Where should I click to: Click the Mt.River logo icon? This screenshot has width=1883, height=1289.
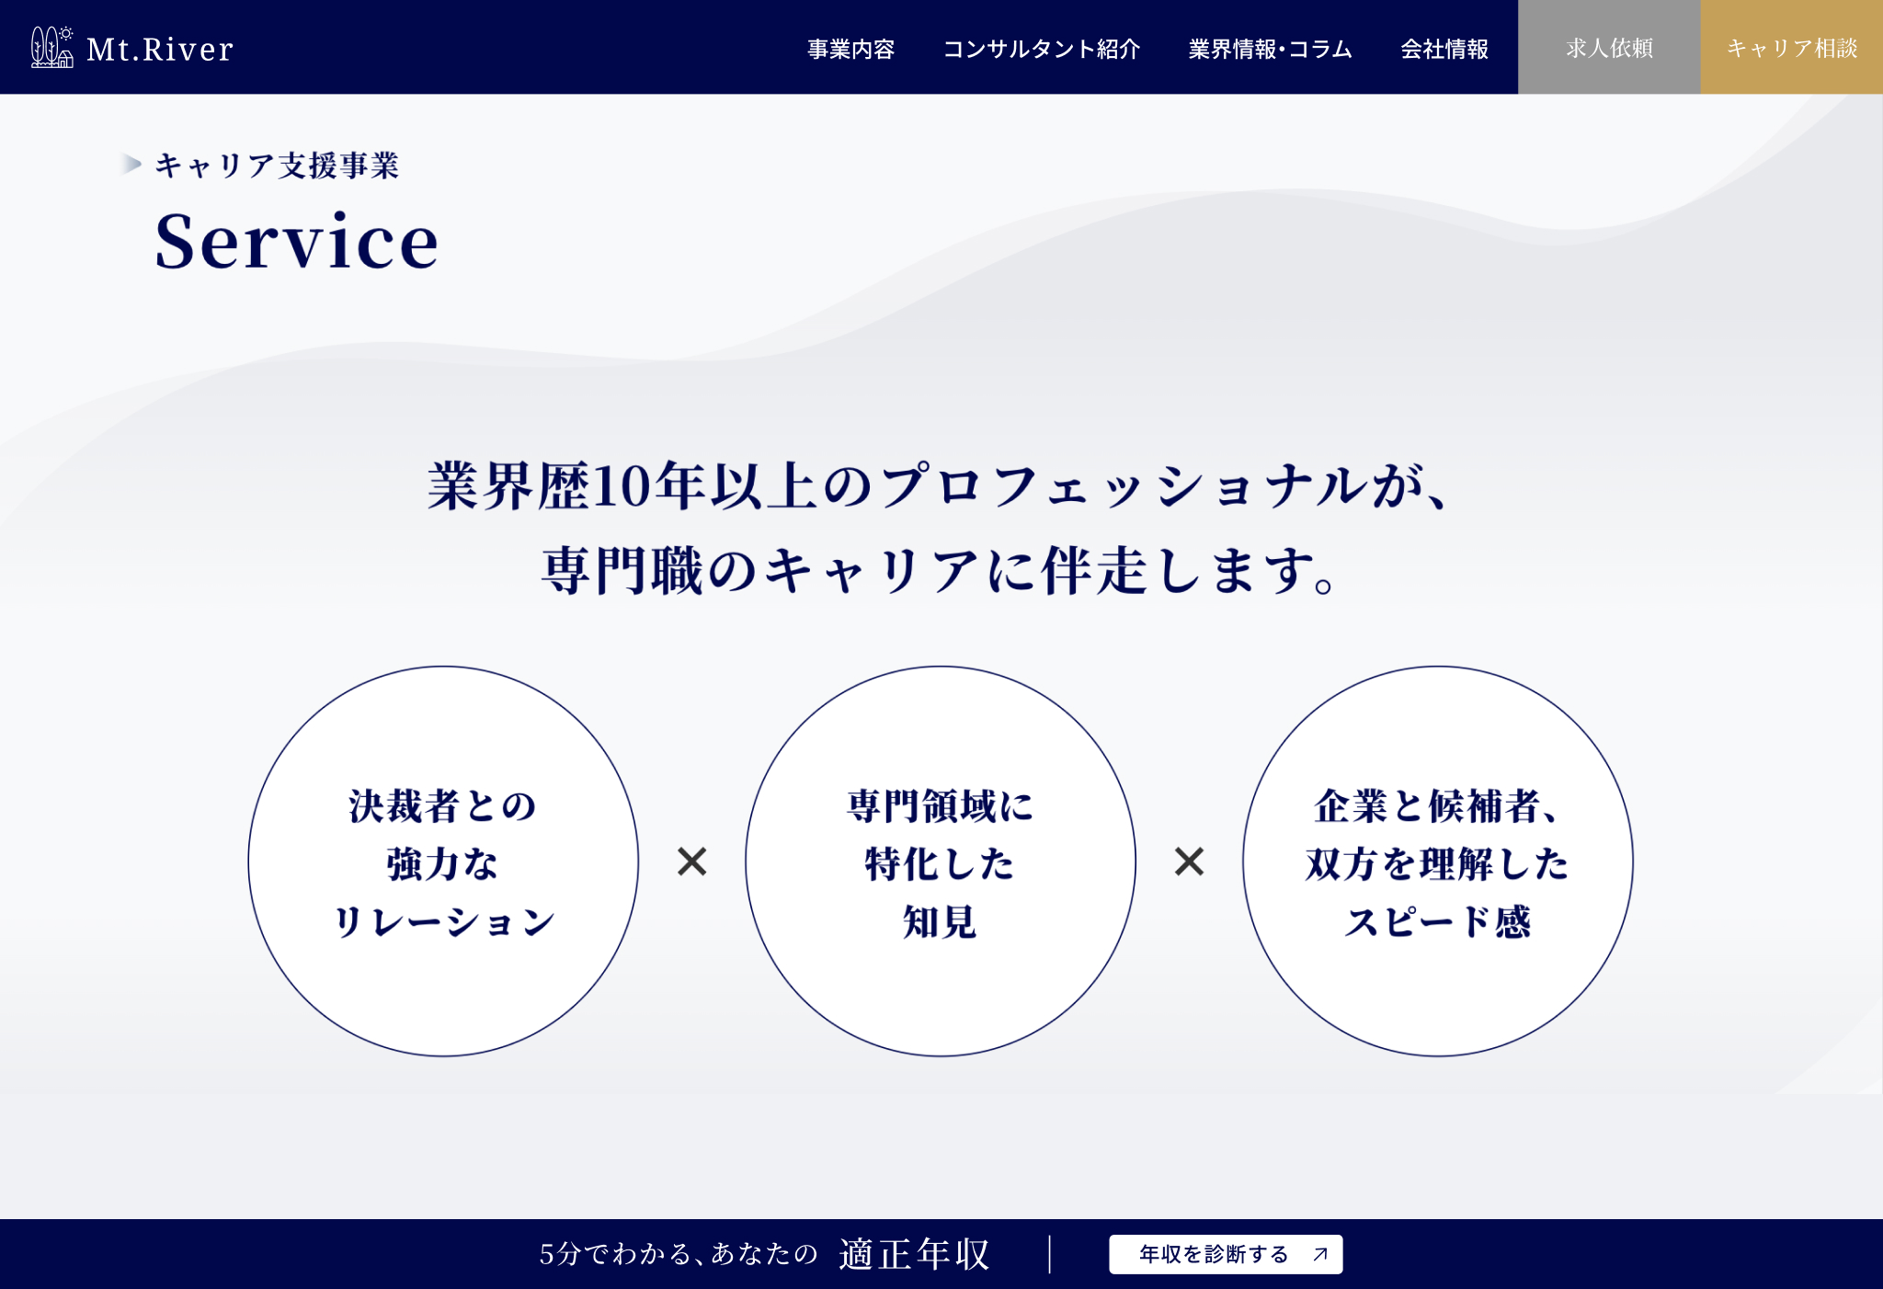[51, 47]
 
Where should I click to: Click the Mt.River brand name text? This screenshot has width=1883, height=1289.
[160, 50]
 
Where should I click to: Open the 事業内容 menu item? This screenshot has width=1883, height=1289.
[850, 49]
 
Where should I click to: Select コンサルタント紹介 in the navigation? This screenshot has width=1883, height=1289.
[1042, 49]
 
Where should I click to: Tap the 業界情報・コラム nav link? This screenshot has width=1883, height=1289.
[1270, 49]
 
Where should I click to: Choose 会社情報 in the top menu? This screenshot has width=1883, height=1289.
[1444, 49]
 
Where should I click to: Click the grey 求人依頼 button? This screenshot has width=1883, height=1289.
[1609, 47]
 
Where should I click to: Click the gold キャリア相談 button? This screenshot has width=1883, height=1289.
[1792, 47]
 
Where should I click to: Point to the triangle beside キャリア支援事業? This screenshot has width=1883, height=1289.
[131, 165]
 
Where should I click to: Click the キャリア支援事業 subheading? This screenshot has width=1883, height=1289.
[277, 165]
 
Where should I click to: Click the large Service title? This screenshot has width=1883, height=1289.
[296, 241]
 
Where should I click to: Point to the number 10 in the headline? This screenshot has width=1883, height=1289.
[622, 485]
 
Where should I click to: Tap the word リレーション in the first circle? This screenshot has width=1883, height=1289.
[443, 921]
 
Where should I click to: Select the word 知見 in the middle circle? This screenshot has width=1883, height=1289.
[940, 921]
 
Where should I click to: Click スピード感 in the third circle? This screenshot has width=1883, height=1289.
[1438, 921]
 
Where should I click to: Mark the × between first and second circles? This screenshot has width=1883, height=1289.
[692, 861]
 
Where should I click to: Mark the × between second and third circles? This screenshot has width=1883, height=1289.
[1190, 861]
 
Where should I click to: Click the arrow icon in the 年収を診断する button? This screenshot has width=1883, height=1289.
[1320, 1254]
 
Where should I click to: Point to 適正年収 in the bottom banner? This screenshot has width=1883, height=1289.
[914, 1254]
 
